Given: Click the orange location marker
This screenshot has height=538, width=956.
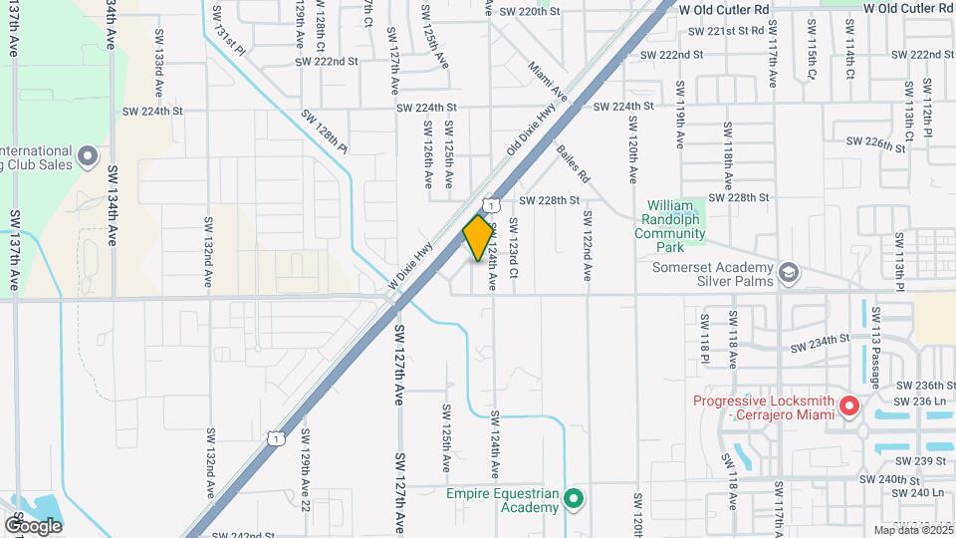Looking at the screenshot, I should point(478,237).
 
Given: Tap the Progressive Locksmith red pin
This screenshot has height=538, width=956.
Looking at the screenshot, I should point(848,405).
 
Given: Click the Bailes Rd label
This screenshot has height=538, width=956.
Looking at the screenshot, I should point(575,163).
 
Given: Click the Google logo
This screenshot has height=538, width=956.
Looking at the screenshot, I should point(33,524).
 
